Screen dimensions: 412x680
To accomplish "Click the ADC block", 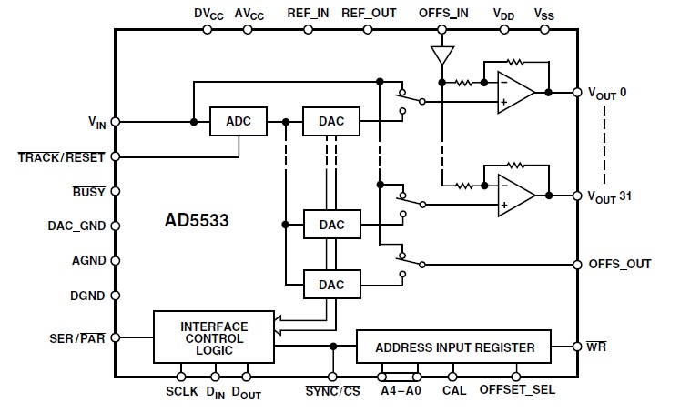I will (x=239, y=122).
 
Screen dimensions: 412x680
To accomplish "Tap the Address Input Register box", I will (x=455, y=347).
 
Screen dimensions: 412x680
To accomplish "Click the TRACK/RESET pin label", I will (x=61, y=156).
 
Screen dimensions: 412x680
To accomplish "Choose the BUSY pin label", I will (x=89, y=192).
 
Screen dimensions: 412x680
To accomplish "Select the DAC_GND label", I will (x=77, y=226).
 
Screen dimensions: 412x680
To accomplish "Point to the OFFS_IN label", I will (x=443, y=14).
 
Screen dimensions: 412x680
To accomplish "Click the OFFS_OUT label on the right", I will (x=620, y=265).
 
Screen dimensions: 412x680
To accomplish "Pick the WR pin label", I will (x=598, y=347).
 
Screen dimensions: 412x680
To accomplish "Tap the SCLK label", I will (x=181, y=391).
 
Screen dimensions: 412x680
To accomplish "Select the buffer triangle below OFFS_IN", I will (x=442, y=55).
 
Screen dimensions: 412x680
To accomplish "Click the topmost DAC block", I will (x=331, y=122).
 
